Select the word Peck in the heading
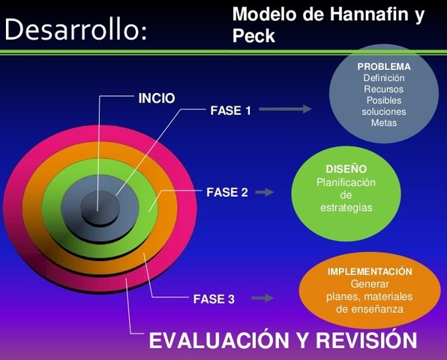(x=254, y=35)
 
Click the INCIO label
(x=157, y=97)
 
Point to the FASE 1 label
(x=230, y=110)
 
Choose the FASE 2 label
(x=226, y=192)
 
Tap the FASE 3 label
(x=214, y=298)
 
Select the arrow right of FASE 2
(x=265, y=192)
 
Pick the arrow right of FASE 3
(x=262, y=298)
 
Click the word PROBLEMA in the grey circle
(x=383, y=67)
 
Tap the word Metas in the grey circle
(x=383, y=123)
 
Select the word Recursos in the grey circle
(x=383, y=89)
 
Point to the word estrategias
(x=346, y=207)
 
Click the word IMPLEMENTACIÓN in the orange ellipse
(x=370, y=271)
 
